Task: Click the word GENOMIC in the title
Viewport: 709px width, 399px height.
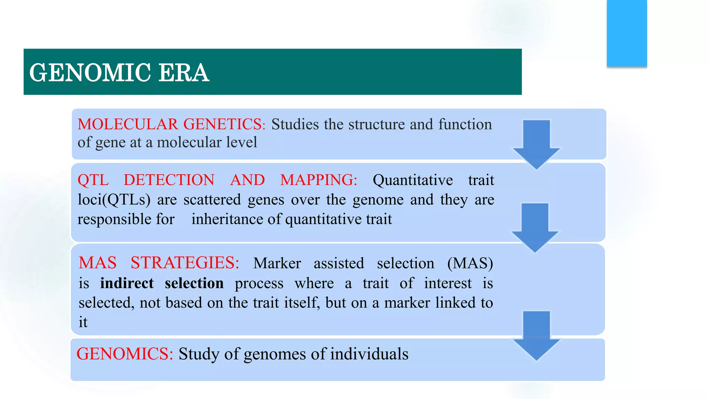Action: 90,73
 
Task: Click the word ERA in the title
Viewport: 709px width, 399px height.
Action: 184,73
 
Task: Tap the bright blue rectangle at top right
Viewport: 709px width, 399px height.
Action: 627,33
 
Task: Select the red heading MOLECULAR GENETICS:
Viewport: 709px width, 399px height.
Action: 171,124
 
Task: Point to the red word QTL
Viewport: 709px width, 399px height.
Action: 93,180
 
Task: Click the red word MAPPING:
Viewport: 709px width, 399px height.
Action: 318,180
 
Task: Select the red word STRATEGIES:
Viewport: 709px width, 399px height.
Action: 185,263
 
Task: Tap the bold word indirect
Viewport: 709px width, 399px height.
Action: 127,283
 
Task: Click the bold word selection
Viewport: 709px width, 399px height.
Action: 194,283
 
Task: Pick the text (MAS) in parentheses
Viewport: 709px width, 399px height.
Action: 470,263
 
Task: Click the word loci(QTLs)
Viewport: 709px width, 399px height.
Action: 114,200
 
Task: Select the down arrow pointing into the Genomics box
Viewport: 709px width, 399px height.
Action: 536,335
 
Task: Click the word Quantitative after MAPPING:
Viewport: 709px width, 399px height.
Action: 413,180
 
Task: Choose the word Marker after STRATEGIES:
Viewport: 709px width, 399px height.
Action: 277,263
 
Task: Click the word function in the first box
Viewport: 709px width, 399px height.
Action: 465,124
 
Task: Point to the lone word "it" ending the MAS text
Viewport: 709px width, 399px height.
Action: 83,322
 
